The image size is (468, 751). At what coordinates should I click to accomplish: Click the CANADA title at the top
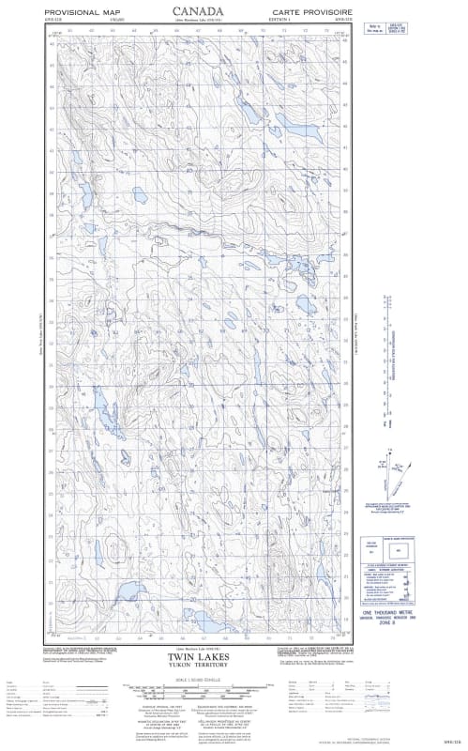click(197, 10)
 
